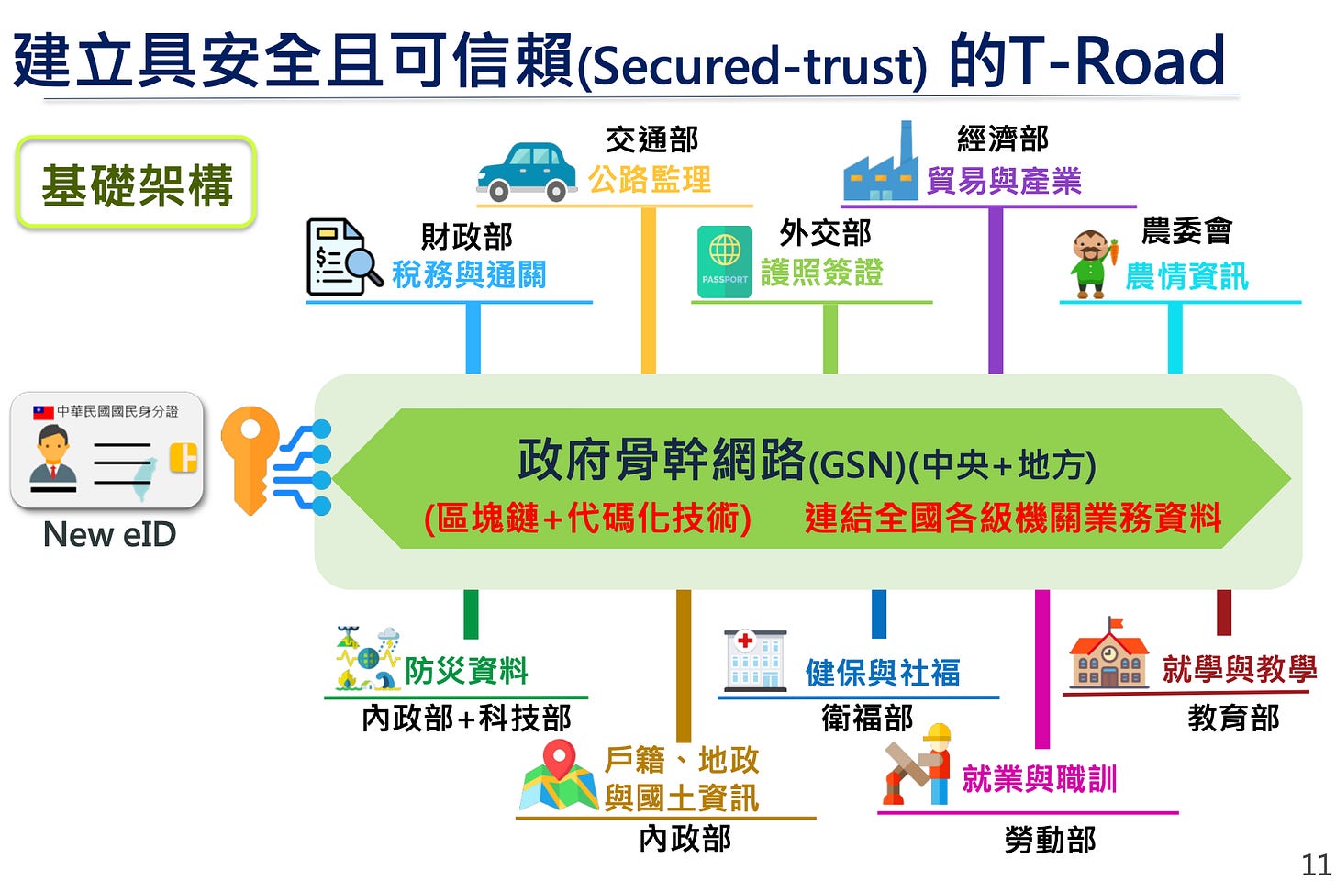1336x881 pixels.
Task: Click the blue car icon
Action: [x=526, y=172]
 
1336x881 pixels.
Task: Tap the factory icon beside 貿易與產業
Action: [x=881, y=164]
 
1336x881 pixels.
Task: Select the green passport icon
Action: [x=724, y=262]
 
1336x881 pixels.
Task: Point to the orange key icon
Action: [x=253, y=459]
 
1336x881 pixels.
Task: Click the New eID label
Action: [x=109, y=534]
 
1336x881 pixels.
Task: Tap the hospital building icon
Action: [x=754, y=660]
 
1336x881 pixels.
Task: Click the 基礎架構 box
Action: [x=137, y=184]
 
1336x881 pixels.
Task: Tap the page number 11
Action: [x=1316, y=864]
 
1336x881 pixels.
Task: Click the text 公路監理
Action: [x=650, y=179]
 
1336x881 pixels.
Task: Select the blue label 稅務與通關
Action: [x=469, y=274]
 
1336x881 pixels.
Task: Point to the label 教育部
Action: [x=1233, y=718]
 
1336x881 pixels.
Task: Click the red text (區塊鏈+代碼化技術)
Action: [x=587, y=519]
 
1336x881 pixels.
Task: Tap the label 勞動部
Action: [x=1050, y=839]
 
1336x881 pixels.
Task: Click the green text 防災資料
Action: [x=466, y=671]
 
